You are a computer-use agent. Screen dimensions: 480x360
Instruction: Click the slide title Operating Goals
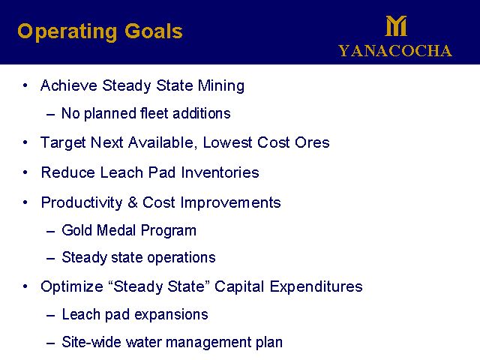tap(100, 31)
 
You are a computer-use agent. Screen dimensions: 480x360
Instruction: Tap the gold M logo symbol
tap(396, 26)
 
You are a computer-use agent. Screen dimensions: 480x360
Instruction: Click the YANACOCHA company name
tap(395, 51)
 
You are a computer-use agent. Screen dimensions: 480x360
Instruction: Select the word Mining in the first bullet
tap(221, 85)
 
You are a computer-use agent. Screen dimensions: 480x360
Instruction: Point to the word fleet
tap(154, 113)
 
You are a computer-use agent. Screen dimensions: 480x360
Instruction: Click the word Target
tap(63, 143)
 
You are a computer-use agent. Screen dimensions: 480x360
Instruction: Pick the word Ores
tap(312, 142)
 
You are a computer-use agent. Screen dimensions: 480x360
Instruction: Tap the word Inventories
tap(220, 172)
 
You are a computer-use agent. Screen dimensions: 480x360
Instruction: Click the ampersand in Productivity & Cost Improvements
tap(133, 202)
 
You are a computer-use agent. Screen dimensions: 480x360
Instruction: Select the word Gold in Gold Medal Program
tap(76, 230)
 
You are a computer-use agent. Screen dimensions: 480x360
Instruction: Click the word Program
tap(168, 231)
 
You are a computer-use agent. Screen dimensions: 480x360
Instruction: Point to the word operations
tap(181, 258)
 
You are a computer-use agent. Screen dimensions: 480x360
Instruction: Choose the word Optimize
tap(72, 286)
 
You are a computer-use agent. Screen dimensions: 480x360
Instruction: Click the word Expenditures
tap(316, 286)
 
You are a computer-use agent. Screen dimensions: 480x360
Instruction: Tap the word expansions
tap(172, 315)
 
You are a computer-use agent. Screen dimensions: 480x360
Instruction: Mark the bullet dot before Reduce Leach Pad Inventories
tap(25, 172)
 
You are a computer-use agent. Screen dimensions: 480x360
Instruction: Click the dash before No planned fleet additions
tap(50, 115)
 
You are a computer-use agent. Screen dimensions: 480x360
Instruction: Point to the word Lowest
tap(227, 142)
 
